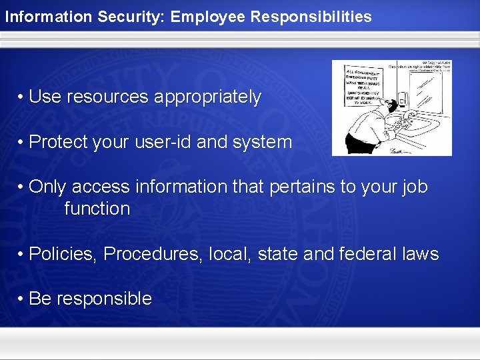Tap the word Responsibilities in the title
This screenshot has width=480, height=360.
tap(311, 17)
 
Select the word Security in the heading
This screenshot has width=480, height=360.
tap(130, 17)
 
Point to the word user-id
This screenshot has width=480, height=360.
tap(196, 142)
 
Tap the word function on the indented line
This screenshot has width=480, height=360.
tap(97, 209)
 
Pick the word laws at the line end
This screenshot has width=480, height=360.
tap(421, 254)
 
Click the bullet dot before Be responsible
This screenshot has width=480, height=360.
tap(22, 299)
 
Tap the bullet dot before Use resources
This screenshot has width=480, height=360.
tap(22, 97)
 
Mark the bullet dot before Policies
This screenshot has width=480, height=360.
tap(22, 254)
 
